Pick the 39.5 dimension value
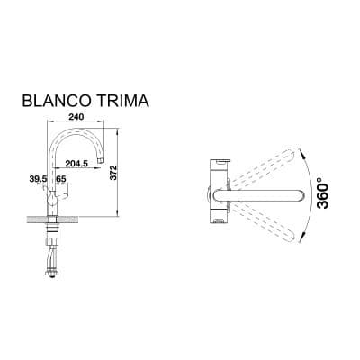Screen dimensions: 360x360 39,181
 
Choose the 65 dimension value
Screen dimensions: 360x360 61,181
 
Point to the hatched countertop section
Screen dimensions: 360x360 40,220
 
